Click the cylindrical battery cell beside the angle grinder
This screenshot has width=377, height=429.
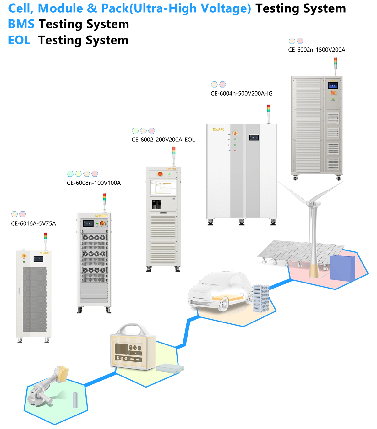(75, 400)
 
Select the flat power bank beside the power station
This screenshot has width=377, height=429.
(170, 368)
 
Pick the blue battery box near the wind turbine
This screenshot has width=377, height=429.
(342, 267)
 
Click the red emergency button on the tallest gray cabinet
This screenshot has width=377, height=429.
(333, 93)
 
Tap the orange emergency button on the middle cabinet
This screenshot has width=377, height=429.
(160, 173)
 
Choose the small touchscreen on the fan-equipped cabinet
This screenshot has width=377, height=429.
(88, 224)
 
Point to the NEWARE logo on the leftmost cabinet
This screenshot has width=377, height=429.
(44, 252)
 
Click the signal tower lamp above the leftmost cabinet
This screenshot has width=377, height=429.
(45, 236)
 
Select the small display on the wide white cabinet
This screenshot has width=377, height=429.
(254, 137)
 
